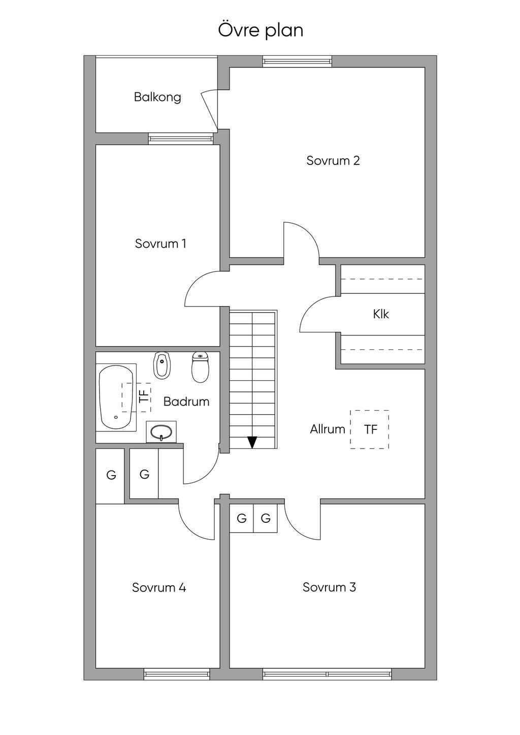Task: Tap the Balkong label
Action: (157, 97)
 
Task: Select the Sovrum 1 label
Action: (160, 244)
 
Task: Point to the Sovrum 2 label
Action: (333, 160)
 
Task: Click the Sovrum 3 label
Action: (329, 587)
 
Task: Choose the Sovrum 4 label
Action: (159, 587)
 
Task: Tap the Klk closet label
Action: (381, 314)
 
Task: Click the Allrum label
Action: (328, 429)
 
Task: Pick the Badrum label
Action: (186, 402)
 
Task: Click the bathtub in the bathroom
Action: (115, 397)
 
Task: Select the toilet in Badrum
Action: (200, 366)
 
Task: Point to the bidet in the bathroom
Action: (161, 366)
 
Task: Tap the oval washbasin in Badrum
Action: (161, 432)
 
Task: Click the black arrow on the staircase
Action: (252, 442)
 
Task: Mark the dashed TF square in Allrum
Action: (370, 429)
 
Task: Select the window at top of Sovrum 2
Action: (297, 61)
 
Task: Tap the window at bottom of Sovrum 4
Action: (177, 674)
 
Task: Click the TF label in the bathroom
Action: (144, 397)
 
